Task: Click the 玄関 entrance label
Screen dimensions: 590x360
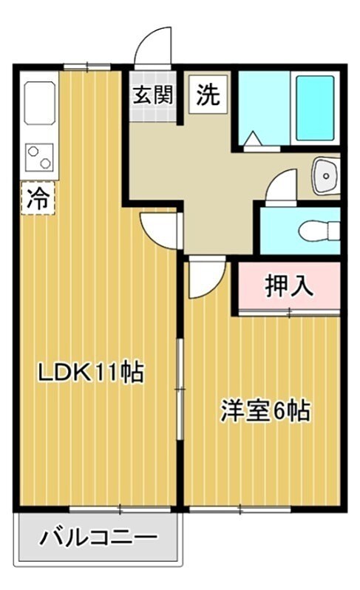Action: click(x=153, y=95)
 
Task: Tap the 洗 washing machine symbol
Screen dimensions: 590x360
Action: click(x=208, y=95)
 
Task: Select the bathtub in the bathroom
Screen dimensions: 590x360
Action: click(x=315, y=107)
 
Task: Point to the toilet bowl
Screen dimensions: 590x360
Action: click(x=319, y=231)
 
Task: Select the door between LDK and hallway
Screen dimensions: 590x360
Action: click(x=160, y=230)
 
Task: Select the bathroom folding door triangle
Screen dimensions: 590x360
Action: click(x=254, y=138)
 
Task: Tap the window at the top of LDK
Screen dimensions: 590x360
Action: click(x=87, y=67)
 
